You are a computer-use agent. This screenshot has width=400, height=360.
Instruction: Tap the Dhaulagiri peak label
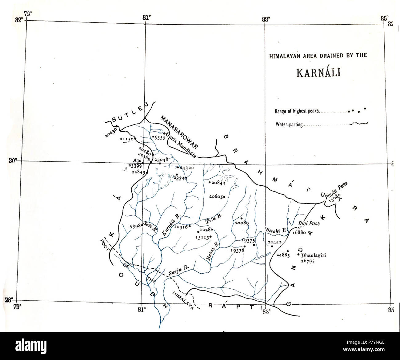pos(313,255)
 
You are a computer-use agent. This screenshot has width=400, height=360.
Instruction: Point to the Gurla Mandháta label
pos(181,144)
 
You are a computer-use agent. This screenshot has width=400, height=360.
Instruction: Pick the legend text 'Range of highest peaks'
pos(297,111)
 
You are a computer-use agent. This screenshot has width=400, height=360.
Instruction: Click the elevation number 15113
pos(202,237)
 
